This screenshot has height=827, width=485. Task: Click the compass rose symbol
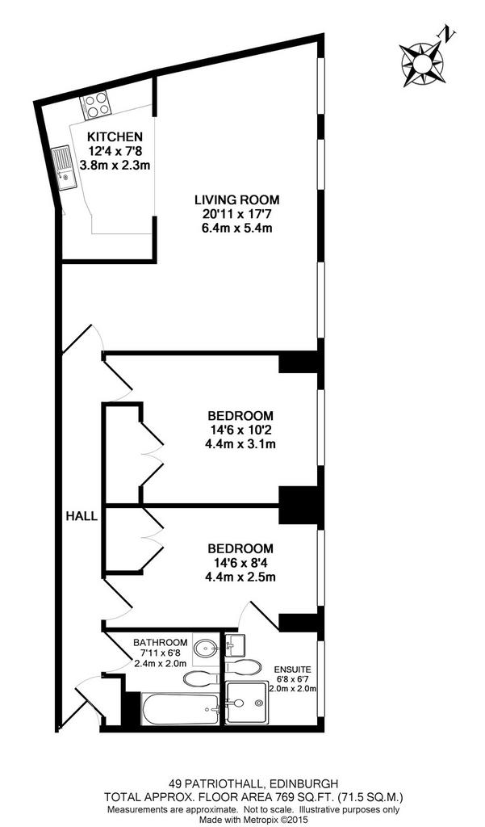point(421,65)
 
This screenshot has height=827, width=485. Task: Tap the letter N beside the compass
point(449,35)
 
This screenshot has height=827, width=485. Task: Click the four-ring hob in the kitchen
point(95,104)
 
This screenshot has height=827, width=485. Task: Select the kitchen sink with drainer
point(64,167)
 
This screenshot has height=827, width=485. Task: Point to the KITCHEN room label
point(115,136)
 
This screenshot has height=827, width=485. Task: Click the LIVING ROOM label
point(236,200)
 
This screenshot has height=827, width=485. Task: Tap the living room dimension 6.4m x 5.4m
point(236,229)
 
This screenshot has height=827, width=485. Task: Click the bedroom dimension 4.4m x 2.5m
point(240,577)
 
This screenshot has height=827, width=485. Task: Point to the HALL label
point(82,516)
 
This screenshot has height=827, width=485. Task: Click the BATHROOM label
point(161,642)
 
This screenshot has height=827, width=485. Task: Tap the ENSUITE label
point(292,670)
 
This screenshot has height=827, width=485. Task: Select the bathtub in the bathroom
point(180,709)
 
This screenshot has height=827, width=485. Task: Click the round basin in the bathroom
point(205,647)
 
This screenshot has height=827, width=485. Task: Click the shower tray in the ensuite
point(247,703)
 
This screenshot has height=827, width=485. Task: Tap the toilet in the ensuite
point(243,666)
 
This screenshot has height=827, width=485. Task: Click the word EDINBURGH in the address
point(304,783)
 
